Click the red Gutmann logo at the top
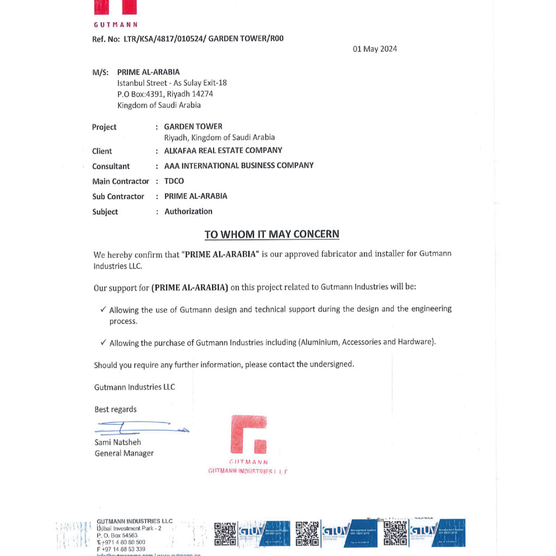[x=115, y=8]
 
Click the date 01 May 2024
[x=375, y=49]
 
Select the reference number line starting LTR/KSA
[x=188, y=39]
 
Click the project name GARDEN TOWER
[x=193, y=127]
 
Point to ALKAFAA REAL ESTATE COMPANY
[x=223, y=150]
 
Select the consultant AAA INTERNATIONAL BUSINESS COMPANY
[x=239, y=166]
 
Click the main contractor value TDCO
[x=174, y=181]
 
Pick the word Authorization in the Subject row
[x=188, y=211]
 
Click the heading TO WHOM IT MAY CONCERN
[x=271, y=234]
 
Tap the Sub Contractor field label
[x=118, y=196]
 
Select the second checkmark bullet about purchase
[x=103, y=343]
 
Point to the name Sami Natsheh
[x=118, y=442]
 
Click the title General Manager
[x=124, y=453]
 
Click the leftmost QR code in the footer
[x=225, y=533]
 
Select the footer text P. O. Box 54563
[x=117, y=535]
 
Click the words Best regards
[x=116, y=409]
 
